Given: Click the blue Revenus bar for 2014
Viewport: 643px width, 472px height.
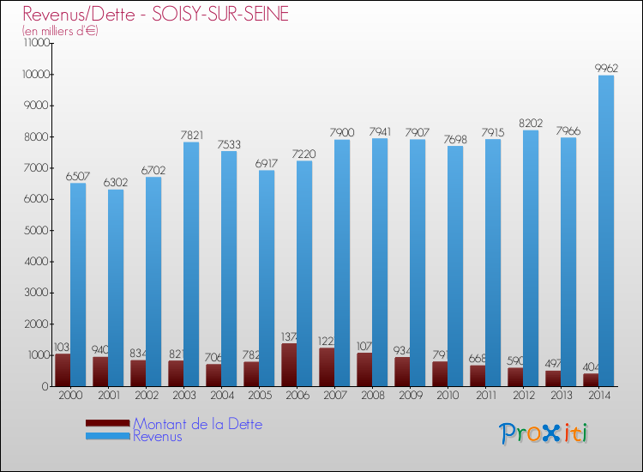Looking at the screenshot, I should coord(606,232).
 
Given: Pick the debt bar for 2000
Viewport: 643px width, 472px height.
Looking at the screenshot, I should coord(63,370).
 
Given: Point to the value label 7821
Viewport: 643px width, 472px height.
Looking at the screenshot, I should coord(191,135).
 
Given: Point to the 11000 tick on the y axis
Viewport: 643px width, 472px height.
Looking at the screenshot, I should coord(32,43).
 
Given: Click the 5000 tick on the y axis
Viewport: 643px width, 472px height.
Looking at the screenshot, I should coord(34,230).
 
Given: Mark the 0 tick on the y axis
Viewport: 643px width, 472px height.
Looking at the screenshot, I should coord(43,386).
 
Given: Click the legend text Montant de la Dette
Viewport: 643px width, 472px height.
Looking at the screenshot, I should coord(197,424).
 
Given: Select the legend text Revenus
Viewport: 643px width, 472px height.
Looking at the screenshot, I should coord(158,437).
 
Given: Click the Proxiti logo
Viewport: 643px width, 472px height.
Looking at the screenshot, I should coord(544,433).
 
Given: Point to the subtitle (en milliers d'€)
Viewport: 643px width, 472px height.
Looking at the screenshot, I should coord(61,31).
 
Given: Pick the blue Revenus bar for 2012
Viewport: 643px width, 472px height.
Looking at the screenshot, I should coord(531,257).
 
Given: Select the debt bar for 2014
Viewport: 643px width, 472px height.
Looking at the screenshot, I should coord(592,379).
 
